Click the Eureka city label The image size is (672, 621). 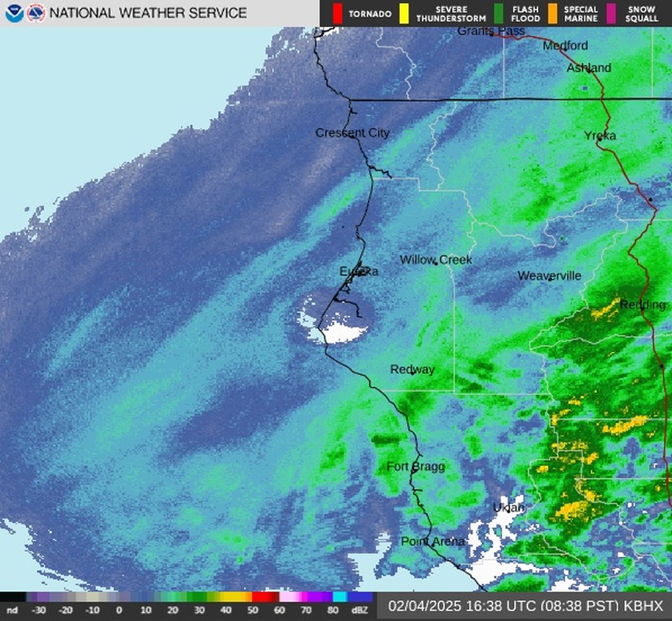click(359, 271)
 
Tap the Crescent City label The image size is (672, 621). click(352, 133)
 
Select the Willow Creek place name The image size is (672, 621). click(436, 260)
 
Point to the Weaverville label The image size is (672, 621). click(549, 276)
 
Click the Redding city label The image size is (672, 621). click(642, 304)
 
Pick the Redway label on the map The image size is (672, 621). click(412, 369)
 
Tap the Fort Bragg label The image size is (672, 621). click(416, 467)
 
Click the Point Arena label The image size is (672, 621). click(432, 542)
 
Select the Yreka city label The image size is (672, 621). click(600, 135)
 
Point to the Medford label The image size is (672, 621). click(565, 45)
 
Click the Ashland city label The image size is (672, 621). click(589, 68)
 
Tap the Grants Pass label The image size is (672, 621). click(491, 31)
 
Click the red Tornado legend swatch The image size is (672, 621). click(337, 13)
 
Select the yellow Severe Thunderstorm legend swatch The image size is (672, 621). click(403, 13)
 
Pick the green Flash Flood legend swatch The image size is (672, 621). click(498, 13)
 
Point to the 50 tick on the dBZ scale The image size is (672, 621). click(252, 610)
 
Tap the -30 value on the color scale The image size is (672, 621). click(39, 610)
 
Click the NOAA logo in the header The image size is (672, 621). click(14, 13)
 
